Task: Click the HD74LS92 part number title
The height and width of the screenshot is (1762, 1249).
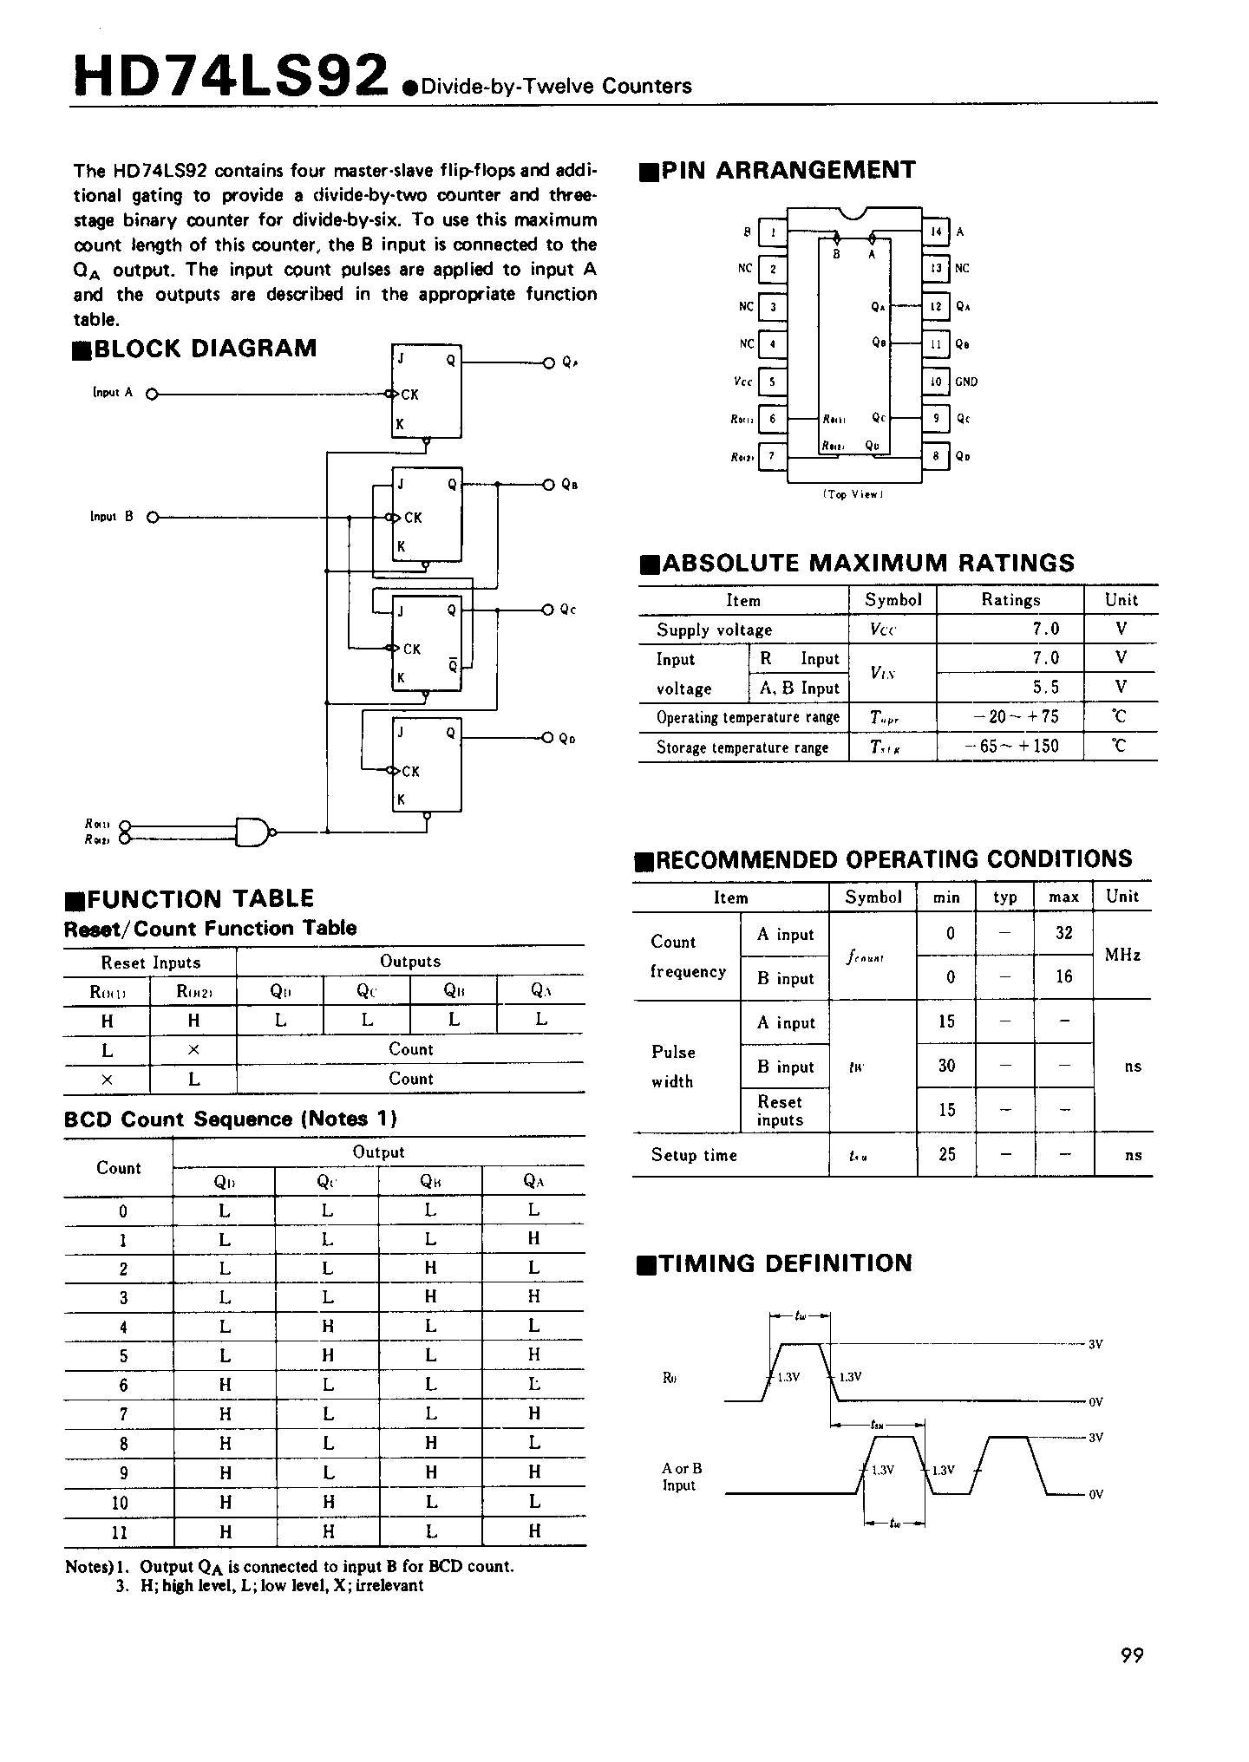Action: pos(230,75)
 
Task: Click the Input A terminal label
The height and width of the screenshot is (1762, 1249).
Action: pos(113,393)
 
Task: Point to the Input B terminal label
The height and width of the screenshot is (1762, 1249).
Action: pos(112,517)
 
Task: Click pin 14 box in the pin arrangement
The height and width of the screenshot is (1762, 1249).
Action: pos(936,232)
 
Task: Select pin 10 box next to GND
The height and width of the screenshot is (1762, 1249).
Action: pos(936,382)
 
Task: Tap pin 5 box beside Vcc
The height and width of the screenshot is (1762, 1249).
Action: pos(772,382)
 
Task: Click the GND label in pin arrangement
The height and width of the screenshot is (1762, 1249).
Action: pos(965,382)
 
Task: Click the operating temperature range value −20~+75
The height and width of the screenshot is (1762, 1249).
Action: pos(1010,717)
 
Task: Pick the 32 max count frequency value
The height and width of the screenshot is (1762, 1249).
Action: pos(1063,933)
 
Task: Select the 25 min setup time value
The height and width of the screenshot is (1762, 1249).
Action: pos(946,1154)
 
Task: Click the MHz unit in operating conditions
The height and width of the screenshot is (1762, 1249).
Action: pos(1121,955)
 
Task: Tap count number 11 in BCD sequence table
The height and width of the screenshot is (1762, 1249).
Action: pos(120,1532)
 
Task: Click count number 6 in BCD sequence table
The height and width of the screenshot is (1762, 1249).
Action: pos(123,1386)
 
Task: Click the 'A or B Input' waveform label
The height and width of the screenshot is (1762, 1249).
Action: pos(682,1477)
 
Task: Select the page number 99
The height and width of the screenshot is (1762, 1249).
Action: pos(1132,1655)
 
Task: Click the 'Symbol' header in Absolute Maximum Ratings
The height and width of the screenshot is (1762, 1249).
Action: pos(893,600)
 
